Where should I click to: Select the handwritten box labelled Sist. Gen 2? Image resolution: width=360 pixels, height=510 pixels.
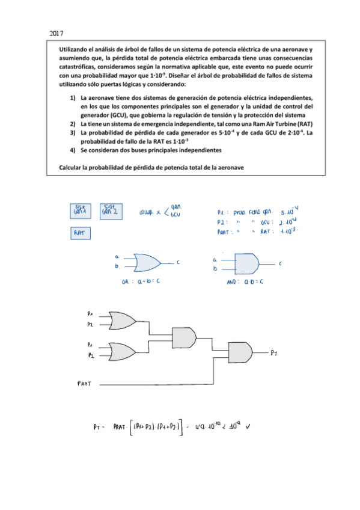pos(109,210)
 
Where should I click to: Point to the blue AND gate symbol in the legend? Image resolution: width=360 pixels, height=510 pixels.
pos(247,262)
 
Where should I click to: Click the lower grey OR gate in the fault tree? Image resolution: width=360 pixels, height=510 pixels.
pos(122,351)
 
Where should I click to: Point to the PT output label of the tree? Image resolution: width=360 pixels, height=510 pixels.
pos(273,352)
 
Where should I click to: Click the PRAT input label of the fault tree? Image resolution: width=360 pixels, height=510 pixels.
pos(84,382)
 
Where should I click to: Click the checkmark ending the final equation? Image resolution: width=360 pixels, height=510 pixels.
pos(248,428)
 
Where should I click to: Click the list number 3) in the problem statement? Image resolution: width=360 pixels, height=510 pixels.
pos(72,132)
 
